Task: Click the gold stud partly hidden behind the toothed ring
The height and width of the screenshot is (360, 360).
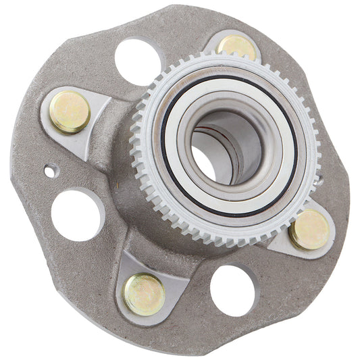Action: point(237,46)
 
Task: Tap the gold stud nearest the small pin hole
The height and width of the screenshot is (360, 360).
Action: point(70,111)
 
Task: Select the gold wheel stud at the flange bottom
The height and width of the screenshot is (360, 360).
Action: point(144,293)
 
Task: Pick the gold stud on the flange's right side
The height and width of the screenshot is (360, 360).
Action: point(310,230)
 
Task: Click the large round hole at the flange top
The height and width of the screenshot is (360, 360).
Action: point(138,61)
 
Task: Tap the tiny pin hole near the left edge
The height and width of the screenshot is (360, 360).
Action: point(49,172)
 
